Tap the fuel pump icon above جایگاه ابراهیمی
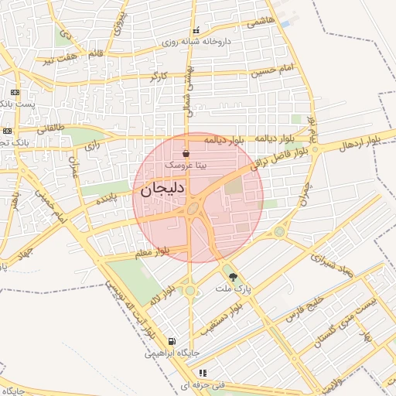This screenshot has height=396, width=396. click(x=170, y=341)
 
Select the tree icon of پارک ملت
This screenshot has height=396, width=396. click(x=232, y=277)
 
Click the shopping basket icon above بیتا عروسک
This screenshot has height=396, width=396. click(x=186, y=154)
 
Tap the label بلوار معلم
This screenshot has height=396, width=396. click(x=162, y=251)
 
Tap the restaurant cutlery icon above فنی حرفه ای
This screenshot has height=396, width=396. click(x=203, y=372)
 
